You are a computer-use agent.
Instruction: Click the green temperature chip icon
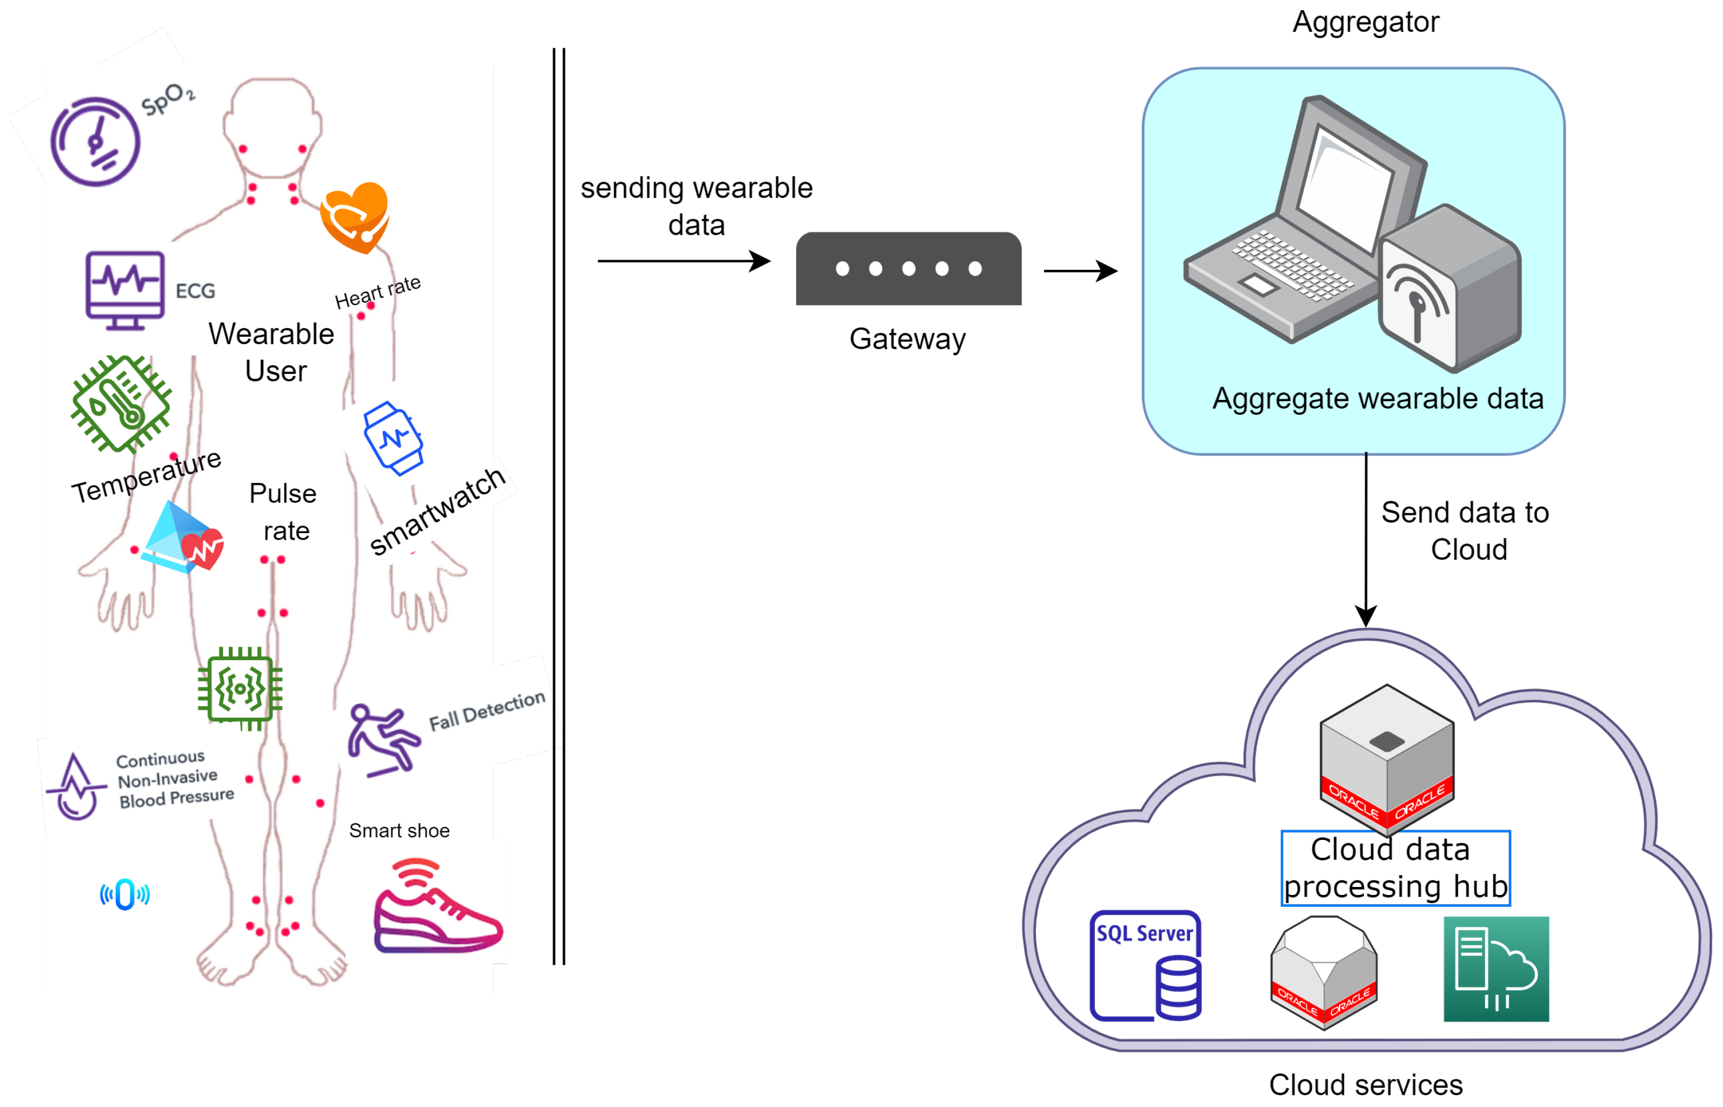[122, 404]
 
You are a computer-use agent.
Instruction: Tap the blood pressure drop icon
[75, 787]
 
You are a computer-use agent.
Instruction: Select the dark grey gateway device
[908, 268]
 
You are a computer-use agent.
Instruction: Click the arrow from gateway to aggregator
[1079, 271]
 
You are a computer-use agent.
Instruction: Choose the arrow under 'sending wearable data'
[683, 261]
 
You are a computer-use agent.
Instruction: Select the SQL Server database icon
[1145, 965]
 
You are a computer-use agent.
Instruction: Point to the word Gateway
[907, 338]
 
